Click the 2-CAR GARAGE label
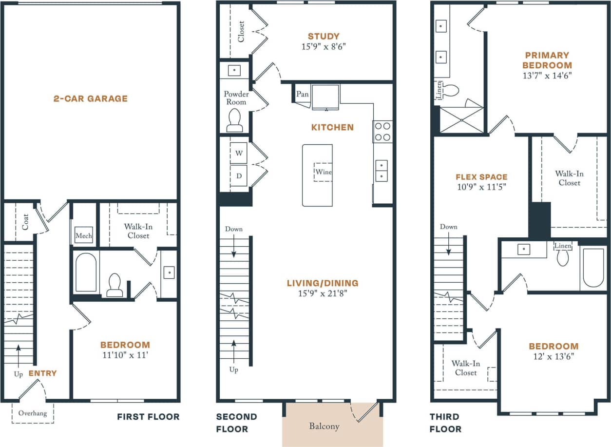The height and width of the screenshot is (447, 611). click(x=90, y=98)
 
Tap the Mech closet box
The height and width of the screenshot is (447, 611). click(x=83, y=235)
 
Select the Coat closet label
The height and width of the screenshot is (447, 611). click(x=25, y=222)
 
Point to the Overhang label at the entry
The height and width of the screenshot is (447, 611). click(x=33, y=413)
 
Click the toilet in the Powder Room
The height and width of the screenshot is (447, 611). click(x=234, y=119)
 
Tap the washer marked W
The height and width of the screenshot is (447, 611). click(x=239, y=153)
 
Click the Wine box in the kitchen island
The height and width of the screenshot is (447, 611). click(x=323, y=172)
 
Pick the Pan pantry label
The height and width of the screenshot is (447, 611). click(x=302, y=94)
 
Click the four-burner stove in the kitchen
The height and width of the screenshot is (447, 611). click(x=382, y=131)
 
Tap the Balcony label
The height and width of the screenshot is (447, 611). click(x=324, y=426)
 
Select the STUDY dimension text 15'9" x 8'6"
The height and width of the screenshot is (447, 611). click(x=324, y=47)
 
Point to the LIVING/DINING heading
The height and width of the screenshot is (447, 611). click(x=323, y=283)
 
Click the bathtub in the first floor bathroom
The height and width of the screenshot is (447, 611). click(x=86, y=272)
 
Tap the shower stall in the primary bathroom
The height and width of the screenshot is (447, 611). click(x=461, y=120)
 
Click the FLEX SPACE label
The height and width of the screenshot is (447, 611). click(x=481, y=177)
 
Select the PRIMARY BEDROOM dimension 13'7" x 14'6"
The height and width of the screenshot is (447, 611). click(x=547, y=76)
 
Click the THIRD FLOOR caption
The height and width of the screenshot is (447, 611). click(x=445, y=423)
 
